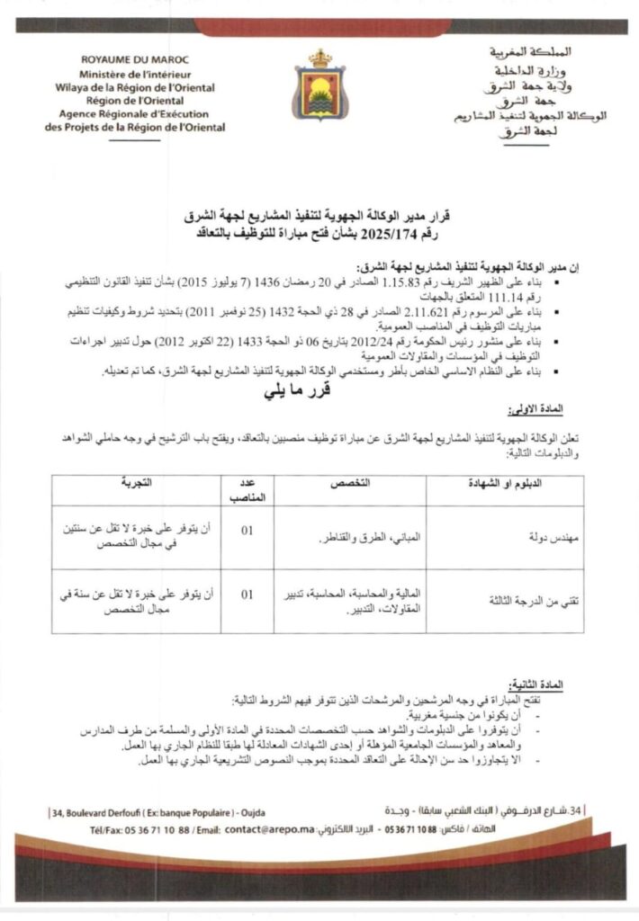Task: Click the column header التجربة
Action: (x=137, y=484)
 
